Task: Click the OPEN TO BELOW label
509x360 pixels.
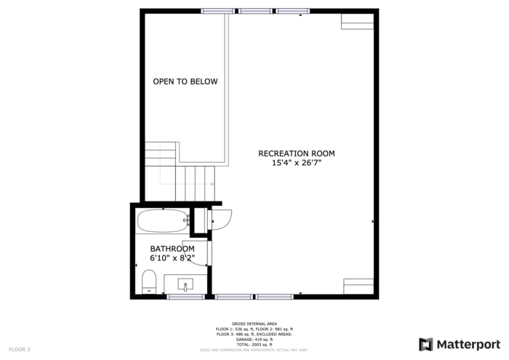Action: tap(185, 81)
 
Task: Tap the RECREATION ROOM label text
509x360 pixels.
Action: tap(297, 153)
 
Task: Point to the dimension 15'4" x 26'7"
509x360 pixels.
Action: tap(297, 163)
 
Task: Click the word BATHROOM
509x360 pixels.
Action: tap(172, 249)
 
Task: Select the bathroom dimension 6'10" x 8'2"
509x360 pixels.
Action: tap(172, 257)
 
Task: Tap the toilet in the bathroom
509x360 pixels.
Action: tap(150, 281)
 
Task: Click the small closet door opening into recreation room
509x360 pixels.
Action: tap(221, 217)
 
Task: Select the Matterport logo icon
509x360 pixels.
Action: tap(425, 344)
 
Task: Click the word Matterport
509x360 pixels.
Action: tap(468, 344)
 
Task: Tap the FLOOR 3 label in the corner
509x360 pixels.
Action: tap(20, 350)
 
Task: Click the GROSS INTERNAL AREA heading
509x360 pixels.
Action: tap(254, 324)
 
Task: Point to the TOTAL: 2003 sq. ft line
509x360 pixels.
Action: tap(254, 344)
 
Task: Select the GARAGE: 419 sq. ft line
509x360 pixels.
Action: tap(254, 339)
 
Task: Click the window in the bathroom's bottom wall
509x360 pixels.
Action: tap(185, 297)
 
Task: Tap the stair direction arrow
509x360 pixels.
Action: tap(212, 184)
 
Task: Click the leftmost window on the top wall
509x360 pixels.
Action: tap(217, 11)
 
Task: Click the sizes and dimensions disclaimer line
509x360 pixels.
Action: tap(254, 350)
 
